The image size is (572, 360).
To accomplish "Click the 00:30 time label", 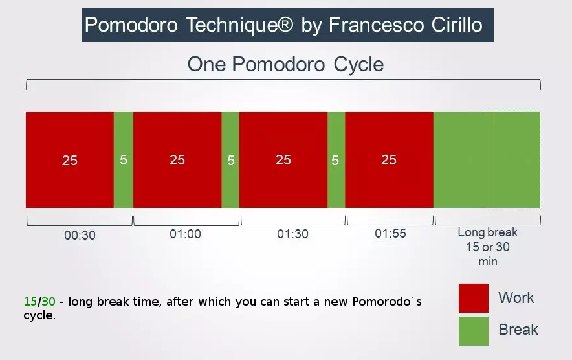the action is click(80, 235).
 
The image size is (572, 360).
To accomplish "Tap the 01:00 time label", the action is click(185, 234).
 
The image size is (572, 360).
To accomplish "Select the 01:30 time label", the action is click(292, 234).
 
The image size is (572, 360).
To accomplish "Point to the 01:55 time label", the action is click(390, 233).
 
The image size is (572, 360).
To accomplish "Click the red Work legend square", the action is click(474, 298).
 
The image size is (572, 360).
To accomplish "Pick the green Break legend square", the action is click(474, 331).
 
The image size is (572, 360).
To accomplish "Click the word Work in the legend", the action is click(516, 298).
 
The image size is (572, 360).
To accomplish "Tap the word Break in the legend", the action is click(518, 330).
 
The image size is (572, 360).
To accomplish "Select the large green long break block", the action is click(487, 160).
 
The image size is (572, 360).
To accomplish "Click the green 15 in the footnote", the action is click(30, 302).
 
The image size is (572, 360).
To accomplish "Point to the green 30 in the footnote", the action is click(48, 302).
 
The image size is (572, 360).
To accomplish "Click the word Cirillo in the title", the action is click(457, 25).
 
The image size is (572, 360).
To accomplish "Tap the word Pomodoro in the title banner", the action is click(131, 25).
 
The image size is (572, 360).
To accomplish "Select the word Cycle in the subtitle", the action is click(358, 64).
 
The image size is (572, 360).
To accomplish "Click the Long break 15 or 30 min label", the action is click(488, 247).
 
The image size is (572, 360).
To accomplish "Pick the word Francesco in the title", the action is click(377, 25).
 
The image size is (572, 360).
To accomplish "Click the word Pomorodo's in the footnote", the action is click(387, 302).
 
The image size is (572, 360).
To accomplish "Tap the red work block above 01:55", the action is click(390, 160).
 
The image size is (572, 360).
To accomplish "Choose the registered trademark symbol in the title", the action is click(285, 24).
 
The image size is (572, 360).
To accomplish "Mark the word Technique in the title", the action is click(232, 25).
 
